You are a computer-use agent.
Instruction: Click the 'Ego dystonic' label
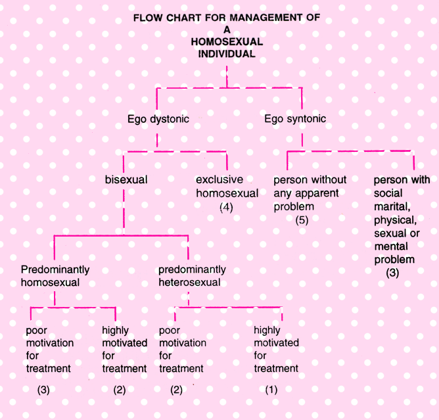158,119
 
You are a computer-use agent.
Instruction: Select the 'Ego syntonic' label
295,119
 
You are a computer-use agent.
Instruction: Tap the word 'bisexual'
126,179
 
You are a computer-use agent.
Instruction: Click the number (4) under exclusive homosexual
226,208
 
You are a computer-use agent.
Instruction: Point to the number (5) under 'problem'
302,220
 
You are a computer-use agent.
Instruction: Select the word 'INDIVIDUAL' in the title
227,54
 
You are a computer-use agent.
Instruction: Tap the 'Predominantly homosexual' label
55,276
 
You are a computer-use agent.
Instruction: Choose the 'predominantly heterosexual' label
192,276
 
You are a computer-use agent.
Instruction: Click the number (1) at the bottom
271,390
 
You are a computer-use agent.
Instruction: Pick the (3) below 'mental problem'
392,273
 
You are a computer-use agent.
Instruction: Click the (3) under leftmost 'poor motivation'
43,390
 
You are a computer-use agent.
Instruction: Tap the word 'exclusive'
219,179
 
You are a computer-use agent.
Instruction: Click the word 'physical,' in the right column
396,220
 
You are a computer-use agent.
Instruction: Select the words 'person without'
310,179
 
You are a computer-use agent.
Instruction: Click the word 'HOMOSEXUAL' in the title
227,41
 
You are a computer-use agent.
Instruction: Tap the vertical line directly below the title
227,77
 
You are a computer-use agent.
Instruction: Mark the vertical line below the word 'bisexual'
124,212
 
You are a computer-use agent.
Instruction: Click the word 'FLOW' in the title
148,18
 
